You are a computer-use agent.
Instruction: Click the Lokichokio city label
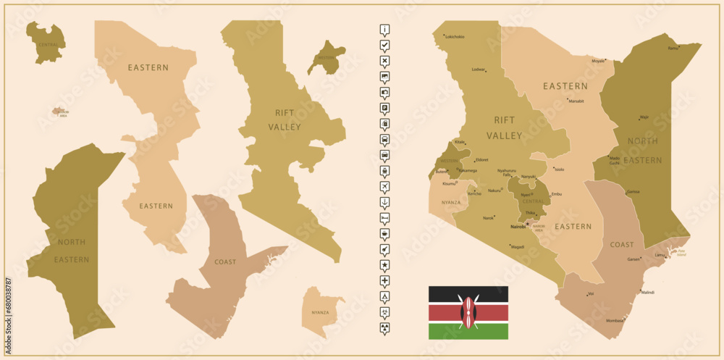tap(455, 37)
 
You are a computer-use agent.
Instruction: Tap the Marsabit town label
tap(576, 101)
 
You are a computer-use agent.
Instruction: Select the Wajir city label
tap(644, 116)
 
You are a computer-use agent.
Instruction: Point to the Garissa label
tap(633, 192)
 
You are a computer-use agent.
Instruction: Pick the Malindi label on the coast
tap(647, 293)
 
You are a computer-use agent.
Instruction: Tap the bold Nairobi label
tap(518, 227)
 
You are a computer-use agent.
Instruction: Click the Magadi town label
tap(518, 247)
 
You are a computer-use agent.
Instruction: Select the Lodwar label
tap(478, 70)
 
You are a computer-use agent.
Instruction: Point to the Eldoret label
tap(481, 159)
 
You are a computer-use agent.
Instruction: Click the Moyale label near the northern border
tap(598, 61)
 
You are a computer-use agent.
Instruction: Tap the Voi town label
tap(591, 293)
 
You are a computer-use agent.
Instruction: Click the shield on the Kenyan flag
tap(468, 312)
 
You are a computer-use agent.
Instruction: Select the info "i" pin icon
tap(384, 30)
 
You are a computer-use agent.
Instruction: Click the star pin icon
tap(384, 264)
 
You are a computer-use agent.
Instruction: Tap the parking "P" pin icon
tap(384, 108)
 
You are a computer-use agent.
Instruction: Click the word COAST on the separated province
tap(225, 262)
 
